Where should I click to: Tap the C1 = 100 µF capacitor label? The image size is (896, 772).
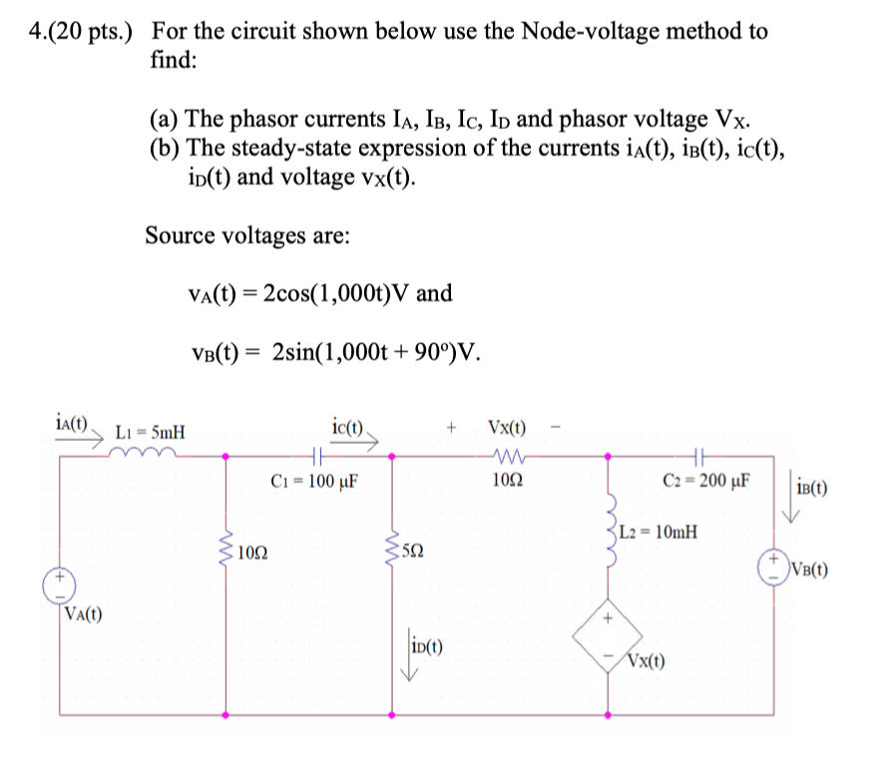pos(314,479)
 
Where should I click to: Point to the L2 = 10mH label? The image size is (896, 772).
pos(658,532)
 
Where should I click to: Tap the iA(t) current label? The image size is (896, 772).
pos(73,423)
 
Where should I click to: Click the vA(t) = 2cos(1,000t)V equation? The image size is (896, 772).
pos(319,293)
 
